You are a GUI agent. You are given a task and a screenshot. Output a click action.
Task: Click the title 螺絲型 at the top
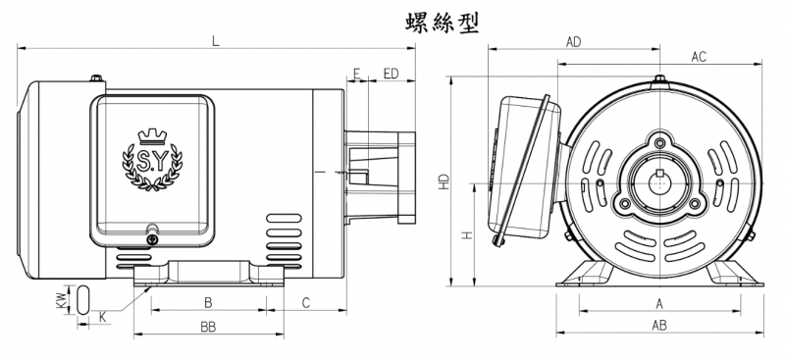coord(443,23)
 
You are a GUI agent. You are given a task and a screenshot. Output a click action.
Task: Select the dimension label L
coord(216,40)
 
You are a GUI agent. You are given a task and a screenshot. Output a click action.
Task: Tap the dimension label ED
coord(391,74)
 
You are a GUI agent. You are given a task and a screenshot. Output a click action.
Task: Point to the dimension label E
coord(356,74)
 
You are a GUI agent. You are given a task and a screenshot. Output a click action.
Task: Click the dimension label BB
coord(208,328)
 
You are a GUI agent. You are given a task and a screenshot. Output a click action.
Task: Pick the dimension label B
coord(208,302)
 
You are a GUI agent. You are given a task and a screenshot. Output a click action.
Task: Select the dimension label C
coord(306,302)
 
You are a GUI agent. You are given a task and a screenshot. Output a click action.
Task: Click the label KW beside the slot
coord(61,300)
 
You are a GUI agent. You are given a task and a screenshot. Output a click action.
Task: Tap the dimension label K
coord(103,317)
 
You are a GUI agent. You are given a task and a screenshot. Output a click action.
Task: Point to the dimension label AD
coord(574,42)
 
